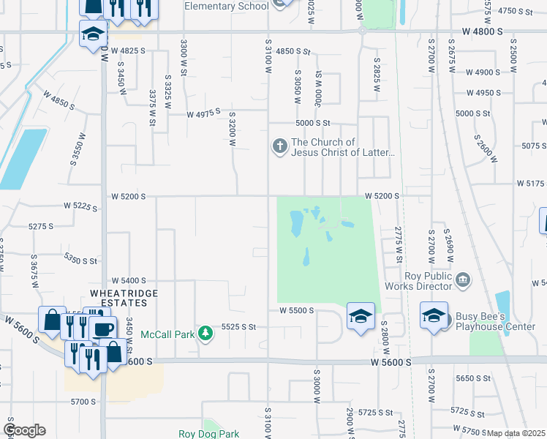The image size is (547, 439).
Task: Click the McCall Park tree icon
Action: (206, 334)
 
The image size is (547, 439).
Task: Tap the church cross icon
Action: (279, 147)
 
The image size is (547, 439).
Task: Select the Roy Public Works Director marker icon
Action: (462, 279)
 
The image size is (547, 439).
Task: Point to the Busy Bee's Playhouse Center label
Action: (490, 321)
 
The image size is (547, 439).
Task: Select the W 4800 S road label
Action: (483, 31)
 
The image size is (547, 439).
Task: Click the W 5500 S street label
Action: (296, 310)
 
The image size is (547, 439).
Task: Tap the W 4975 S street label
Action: (204, 115)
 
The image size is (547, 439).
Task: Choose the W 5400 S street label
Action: (129, 280)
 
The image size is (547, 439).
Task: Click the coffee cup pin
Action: (102, 328)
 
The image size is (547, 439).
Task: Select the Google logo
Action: (24, 430)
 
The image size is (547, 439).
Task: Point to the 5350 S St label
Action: (80, 260)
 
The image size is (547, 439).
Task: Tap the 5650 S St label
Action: (472, 379)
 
